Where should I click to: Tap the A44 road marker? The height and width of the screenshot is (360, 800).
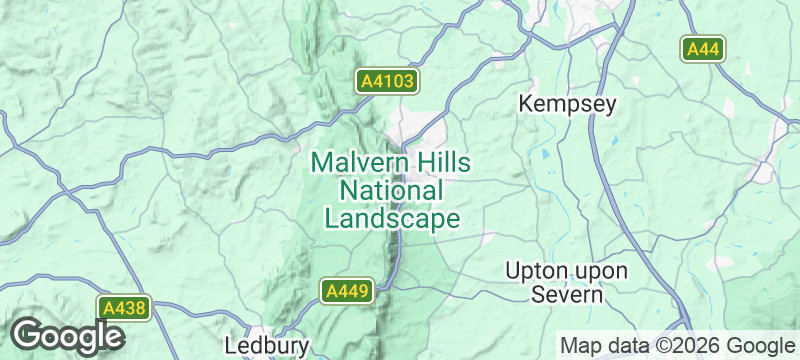pyautogui.click(x=704, y=49)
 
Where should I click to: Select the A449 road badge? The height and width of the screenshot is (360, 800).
pyautogui.click(x=347, y=291)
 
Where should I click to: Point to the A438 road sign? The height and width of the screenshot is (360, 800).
pyautogui.click(x=124, y=309)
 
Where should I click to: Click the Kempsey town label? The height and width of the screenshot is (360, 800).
pyautogui.click(x=567, y=104)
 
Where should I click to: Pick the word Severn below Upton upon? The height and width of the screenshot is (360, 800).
pyautogui.click(x=566, y=295)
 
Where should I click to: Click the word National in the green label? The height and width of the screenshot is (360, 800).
pyautogui.click(x=391, y=190)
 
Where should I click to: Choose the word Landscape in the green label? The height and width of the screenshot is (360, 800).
pyautogui.click(x=391, y=218)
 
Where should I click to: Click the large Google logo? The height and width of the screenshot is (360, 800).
pyautogui.click(x=67, y=336)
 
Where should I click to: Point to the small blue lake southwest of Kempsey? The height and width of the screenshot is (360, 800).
pyautogui.click(x=544, y=155)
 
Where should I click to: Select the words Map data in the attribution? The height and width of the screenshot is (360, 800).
pyautogui.click(x=604, y=345)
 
